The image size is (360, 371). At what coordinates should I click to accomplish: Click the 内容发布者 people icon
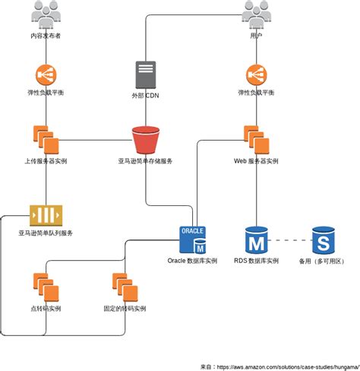(46, 14)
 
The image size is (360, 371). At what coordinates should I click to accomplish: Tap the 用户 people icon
(256, 14)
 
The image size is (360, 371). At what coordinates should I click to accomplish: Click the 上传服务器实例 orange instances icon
(46, 140)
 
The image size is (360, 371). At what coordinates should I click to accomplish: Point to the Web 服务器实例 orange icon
(256, 140)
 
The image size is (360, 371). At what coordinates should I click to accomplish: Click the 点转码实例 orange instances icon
(46, 287)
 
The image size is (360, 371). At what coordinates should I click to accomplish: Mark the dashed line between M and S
(290, 240)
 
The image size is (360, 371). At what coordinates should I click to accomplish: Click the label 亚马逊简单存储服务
(145, 162)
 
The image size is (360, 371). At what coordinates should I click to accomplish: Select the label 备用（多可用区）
(324, 261)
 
